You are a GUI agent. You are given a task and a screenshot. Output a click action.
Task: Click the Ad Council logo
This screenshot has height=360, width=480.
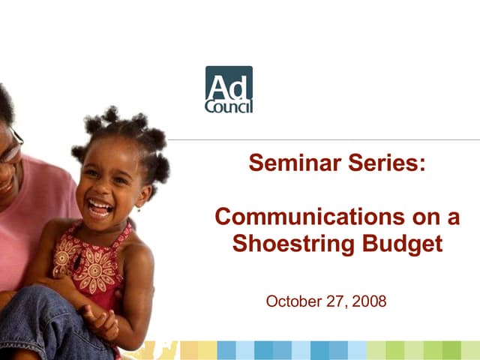(229, 89)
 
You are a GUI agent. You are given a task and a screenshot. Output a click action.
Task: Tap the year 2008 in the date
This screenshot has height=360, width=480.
(368, 301)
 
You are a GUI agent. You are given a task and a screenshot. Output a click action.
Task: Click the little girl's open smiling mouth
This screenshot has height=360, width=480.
(100, 206)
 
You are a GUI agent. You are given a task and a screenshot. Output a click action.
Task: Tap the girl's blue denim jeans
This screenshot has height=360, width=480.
(45, 322)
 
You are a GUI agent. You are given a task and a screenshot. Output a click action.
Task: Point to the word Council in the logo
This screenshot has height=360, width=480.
(229, 105)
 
